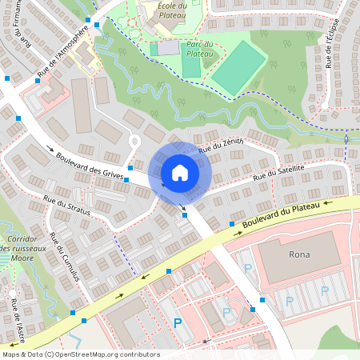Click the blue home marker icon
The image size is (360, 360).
pyautogui.click(x=180, y=171)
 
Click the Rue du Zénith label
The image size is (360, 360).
pyautogui.click(x=220, y=145)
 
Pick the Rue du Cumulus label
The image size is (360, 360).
pyautogui.click(x=65, y=256)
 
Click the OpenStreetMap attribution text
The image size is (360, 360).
pyautogui.click(x=81, y=354)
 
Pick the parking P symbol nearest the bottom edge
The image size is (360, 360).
pyautogui.click(x=178, y=323)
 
